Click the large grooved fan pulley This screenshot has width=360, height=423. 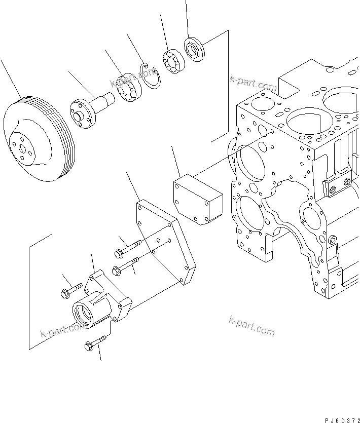38,142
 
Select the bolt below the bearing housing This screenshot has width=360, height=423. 95,343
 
